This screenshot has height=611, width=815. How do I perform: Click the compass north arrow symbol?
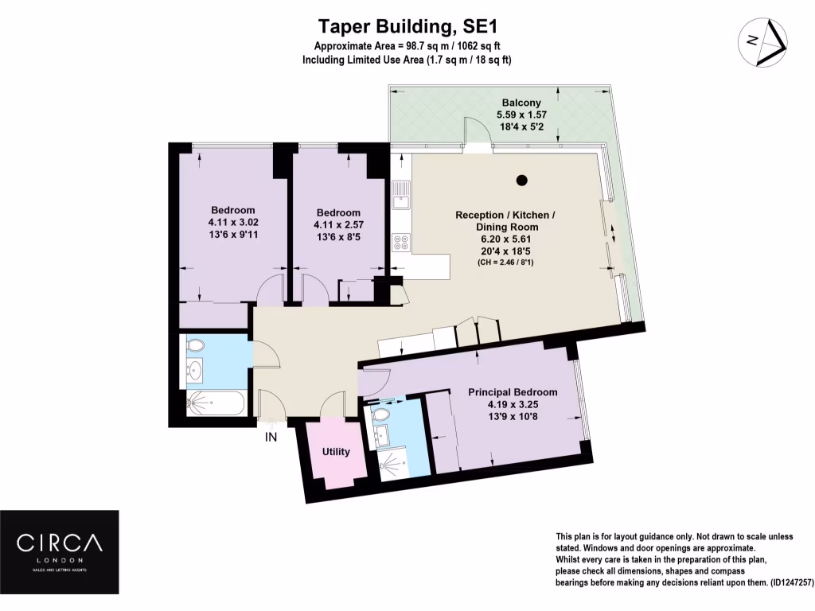(x=763, y=41)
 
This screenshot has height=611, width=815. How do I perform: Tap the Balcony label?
(x=521, y=103)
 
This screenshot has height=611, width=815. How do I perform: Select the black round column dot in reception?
(x=521, y=181)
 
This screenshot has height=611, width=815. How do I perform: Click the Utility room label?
(x=336, y=452)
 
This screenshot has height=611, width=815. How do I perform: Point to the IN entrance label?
(x=271, y=436)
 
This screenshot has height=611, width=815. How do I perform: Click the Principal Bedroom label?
(x=512, y=392)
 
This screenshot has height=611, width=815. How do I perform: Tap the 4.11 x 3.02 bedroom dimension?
(x=232, y=223)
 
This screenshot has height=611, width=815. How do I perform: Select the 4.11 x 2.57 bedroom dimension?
(x=338, y=225)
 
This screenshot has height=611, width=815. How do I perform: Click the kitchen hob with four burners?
(x=400, y=243)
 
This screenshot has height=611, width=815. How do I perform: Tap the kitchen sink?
(x=400, y=193)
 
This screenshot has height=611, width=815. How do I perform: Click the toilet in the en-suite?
(x=380, y=414)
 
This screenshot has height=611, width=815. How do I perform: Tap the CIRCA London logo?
(x=60, y=549)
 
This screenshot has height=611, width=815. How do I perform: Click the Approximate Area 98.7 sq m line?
(x=407, y=45)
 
